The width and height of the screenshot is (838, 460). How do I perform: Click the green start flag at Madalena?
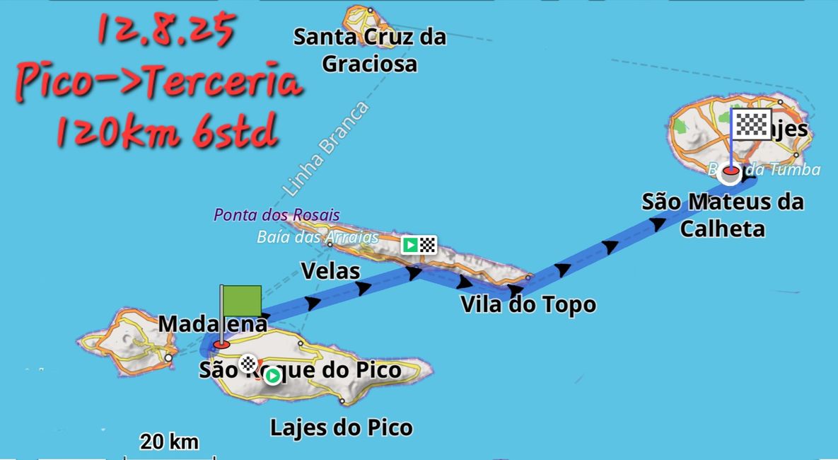(x=241, y=301)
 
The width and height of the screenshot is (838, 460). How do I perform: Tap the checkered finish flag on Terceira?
(x=750, y=125)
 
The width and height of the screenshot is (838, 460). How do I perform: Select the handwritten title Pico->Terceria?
(x=159, y=84)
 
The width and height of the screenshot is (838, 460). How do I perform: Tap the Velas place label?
(x=330, y=270)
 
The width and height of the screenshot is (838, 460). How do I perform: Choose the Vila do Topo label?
(x=528, y=305)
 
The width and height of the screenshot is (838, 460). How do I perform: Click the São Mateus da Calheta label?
(x=723, y=215)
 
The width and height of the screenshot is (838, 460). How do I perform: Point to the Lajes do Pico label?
(x=342, y=427)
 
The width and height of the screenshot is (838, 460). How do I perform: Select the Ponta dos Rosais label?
(x=277, y=214)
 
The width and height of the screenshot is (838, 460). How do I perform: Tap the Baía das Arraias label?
(x=318, y=237)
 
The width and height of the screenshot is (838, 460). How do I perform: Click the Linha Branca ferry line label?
(x=325, y=150)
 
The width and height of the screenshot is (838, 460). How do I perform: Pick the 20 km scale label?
(x=169, y=443)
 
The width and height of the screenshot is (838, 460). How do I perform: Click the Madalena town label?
(x=213, y=323)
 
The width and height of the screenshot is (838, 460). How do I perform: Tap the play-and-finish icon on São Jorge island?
(x=419, y=245)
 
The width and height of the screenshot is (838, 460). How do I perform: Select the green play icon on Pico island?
(x=273, y=376)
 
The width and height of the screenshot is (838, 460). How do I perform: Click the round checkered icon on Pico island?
(x=248, y=364)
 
